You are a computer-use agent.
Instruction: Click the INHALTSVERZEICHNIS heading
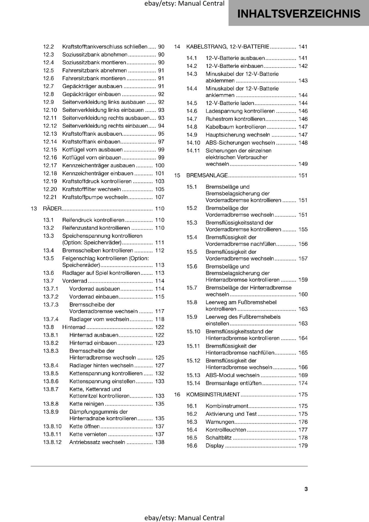[299, 14]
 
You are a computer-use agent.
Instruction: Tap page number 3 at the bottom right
[306, 489]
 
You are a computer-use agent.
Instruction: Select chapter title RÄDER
[52, 209]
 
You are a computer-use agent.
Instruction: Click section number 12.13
[50, 134]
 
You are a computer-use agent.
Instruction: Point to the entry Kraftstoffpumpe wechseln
[95, 197]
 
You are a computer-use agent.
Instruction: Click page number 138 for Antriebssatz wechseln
[160, 442]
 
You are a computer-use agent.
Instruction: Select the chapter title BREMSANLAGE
[207, 176]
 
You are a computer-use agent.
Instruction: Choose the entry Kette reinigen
[86, 404]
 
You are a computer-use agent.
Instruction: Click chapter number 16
[177, 395]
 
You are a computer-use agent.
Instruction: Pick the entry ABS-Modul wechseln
[232, 376]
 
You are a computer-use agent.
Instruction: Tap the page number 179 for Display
[303, 446]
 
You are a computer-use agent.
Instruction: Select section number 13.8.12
[52, 442]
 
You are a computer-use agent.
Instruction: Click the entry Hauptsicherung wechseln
[237, 135]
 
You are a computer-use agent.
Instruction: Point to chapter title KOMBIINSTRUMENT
[213, 395]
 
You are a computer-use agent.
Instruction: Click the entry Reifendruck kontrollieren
[93, 220]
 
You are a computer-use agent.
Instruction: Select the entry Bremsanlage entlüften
[233, 383]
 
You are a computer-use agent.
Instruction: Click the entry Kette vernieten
[88, 435]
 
